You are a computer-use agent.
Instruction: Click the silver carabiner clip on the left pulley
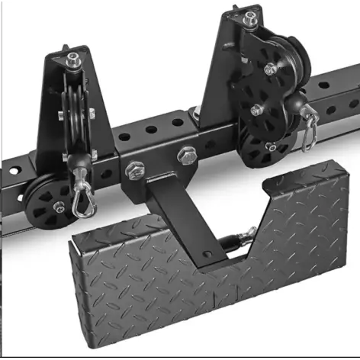(79, 201)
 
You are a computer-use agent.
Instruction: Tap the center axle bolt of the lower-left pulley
(59, 207)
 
